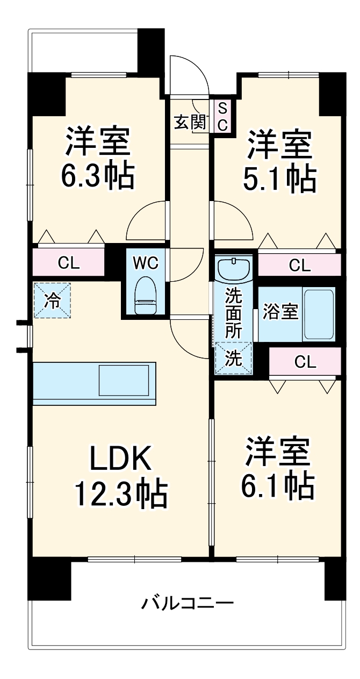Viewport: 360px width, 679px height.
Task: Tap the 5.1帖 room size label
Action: click(x=279, y=179)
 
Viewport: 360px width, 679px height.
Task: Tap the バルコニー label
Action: click(x=188, y=603)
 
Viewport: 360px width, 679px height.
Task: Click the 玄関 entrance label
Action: click(x=190, y=123)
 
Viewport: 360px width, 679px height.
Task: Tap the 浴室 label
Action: click(x=280, y=313)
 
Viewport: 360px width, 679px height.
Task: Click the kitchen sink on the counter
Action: click(x=124, y=381)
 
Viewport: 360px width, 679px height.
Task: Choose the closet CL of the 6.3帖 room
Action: click(x=69, y=263)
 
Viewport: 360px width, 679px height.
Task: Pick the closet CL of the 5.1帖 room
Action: click(x=299, y=265)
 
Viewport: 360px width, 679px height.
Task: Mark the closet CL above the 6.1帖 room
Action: click(x=305, y=362)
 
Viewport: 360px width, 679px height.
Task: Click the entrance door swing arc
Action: click(x=188, y=73)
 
